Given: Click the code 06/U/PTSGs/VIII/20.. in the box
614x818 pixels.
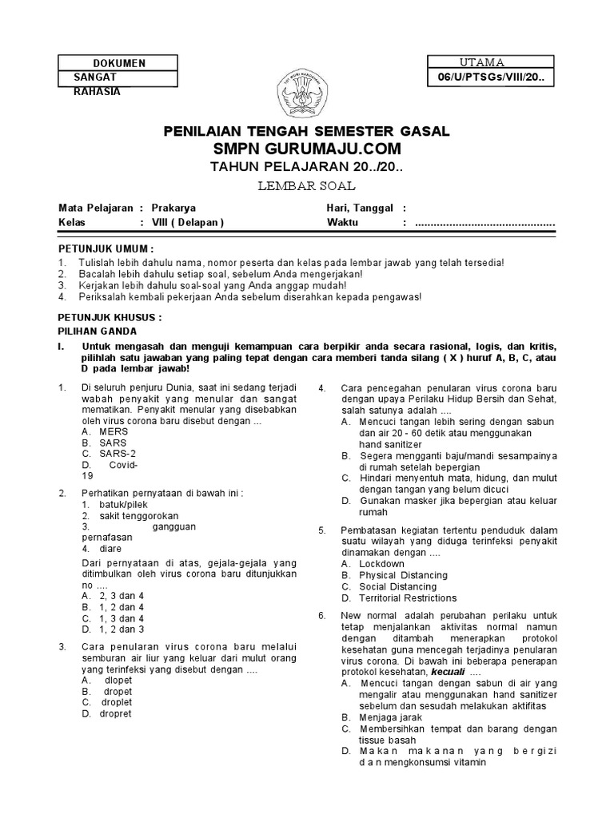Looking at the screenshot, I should (491, 77).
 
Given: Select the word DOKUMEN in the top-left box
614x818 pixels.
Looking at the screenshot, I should (119, 64).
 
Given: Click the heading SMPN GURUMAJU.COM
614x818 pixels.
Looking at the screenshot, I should (306, 150).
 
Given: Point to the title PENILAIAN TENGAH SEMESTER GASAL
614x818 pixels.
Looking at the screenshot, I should (306, 131).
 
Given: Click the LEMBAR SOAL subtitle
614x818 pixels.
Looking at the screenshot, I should (306, 186).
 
